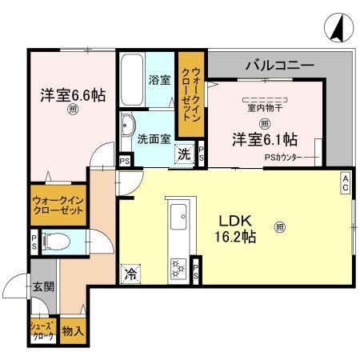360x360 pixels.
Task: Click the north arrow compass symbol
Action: point(338,29)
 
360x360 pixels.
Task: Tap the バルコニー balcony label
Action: point(279,65)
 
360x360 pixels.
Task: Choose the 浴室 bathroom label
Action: point(159,80)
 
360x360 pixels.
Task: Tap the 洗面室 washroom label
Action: point(154,138)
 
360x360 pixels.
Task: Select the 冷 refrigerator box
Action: point(131,274)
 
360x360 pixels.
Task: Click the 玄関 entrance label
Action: point(43,286)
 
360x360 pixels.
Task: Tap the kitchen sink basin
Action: point(178,214)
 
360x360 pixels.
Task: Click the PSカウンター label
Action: point(283,158)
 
